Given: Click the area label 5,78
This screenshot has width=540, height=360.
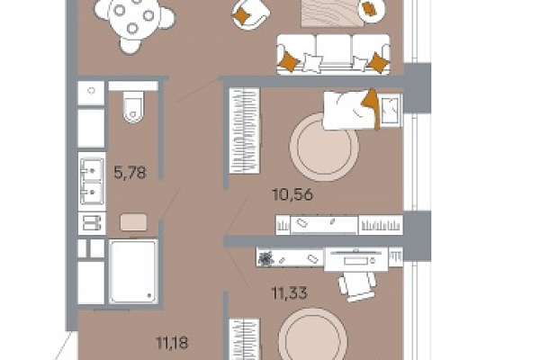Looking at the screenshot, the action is [x=130, y=172].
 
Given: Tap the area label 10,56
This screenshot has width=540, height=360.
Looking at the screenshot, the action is [x=292, y=194].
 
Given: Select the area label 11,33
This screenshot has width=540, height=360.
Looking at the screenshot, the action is [x=289, y=293].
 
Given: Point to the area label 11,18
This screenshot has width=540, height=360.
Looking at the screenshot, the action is [x=172, y=343].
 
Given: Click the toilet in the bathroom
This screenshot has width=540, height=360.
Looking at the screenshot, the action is [x=133, y=106].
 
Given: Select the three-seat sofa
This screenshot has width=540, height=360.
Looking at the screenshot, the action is [x=333, y=54].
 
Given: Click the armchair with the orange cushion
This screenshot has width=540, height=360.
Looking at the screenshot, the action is [x=250, y=13].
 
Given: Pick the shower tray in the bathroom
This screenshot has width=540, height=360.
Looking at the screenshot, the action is [x=133, y=272].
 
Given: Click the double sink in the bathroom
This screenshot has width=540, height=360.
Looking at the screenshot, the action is [x=92, y=181].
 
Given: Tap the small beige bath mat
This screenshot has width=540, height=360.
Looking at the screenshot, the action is [x=133, y=222].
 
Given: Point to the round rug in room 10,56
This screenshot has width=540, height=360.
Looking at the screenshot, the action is [x=324, y=147].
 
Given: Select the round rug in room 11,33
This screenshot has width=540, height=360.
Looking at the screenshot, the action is [x=312, y=336].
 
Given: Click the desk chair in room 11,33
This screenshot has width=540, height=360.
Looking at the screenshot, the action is [x=356, y=285].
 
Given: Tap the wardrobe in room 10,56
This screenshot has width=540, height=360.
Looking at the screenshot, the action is [x=244, y=130].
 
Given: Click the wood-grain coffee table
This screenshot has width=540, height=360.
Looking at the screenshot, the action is [x=332, y=13].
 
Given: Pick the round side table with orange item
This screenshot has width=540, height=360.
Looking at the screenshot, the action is [x=371, y=10].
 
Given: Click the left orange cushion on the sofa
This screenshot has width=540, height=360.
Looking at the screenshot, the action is [x=288, y=61].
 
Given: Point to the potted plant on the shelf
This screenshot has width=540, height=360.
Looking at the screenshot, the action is [x=266, y=258].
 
